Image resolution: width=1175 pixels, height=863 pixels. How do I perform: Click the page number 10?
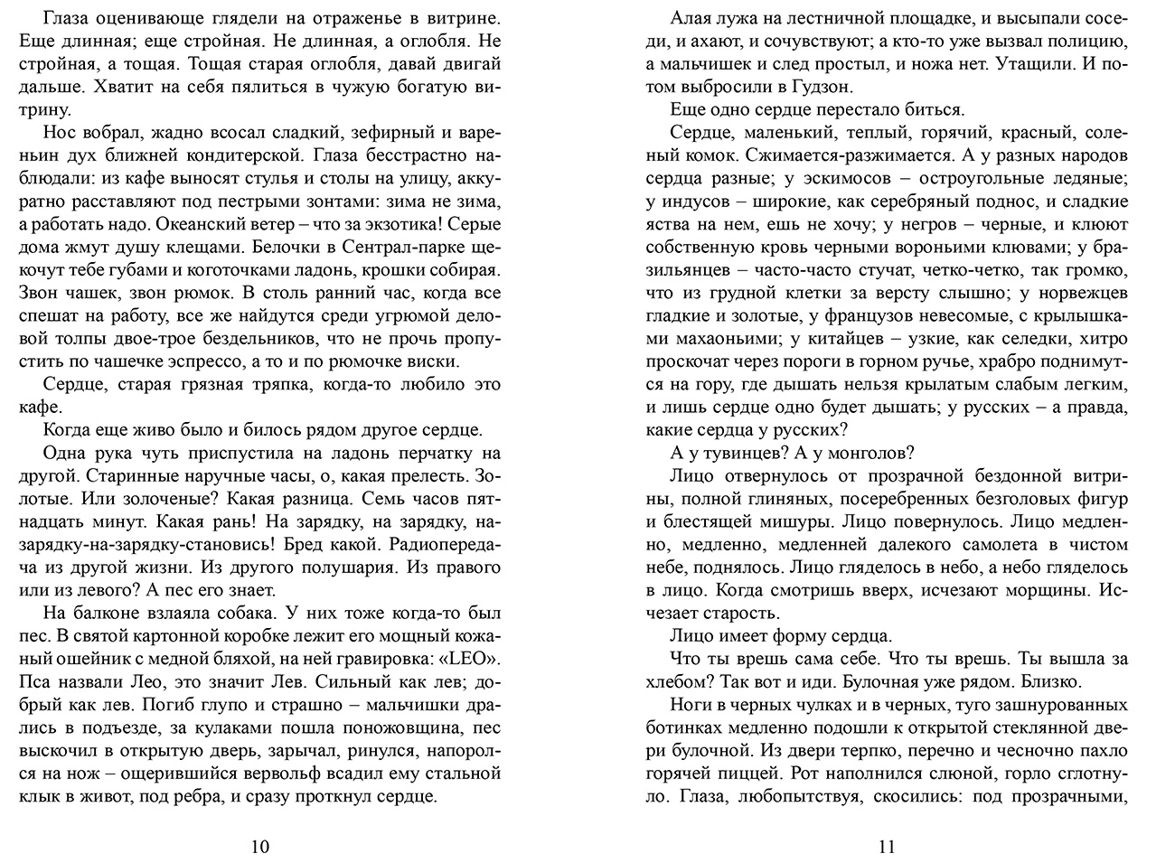pyautogui.click(x=258, y=847)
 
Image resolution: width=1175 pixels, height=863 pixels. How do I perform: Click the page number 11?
pyautogui.click(x=886, y=847)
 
